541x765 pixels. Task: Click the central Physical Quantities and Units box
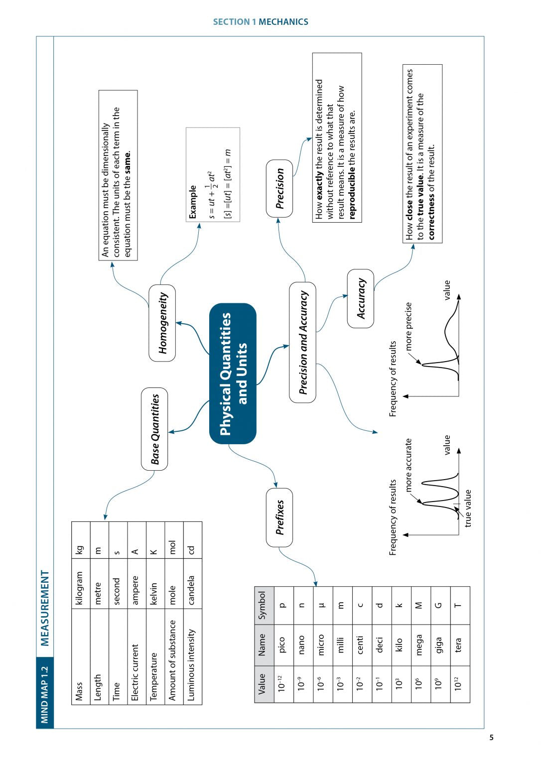click(233, 374)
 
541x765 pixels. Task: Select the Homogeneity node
click(162, 323)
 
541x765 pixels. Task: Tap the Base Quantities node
click(154, 429)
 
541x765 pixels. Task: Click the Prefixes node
click(279, 517)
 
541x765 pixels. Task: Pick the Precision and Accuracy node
click(302, 342)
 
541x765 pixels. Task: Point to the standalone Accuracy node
click(361, 298)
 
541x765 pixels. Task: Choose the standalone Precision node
click(279, 188)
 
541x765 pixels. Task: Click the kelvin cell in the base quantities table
click(154, 590)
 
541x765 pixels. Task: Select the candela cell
click(192, 590)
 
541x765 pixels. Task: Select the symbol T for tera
click(458, 605)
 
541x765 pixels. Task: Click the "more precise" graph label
click(408, 326)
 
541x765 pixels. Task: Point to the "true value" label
click(468, 509)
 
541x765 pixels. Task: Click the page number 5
click(491, 738)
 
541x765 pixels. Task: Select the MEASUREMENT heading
click(45, 608)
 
